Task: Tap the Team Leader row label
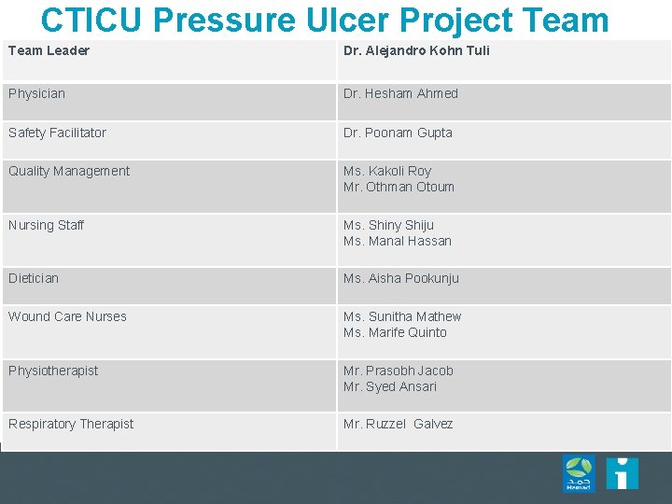49,50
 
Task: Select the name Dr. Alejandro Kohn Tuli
416,50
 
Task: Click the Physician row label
36,93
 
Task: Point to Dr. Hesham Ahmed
400,93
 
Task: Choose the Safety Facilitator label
57,133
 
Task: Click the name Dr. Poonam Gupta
398,133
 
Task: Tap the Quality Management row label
69,171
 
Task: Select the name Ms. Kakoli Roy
387,171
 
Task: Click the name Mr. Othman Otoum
399,187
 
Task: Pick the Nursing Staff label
46,225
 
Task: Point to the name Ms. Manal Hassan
397,241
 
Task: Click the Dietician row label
34,278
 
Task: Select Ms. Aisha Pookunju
400,278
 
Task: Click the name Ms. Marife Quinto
395,332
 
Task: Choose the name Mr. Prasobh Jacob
398,371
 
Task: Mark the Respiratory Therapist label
71,424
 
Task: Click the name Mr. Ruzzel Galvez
398,424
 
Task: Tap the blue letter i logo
622,473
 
